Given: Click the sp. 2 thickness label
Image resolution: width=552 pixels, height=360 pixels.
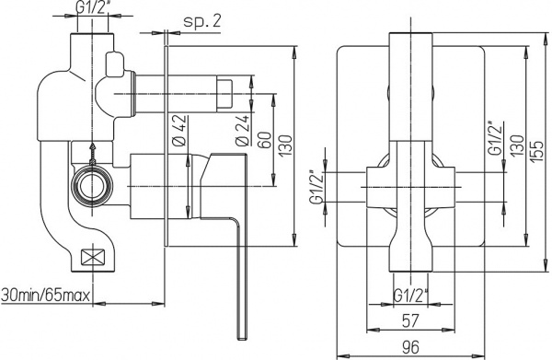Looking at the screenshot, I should pos(202,18).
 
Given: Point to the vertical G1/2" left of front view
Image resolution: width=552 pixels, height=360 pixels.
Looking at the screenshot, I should pos(318,188).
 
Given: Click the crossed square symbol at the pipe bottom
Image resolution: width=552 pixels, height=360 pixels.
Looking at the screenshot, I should pos(94,259).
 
